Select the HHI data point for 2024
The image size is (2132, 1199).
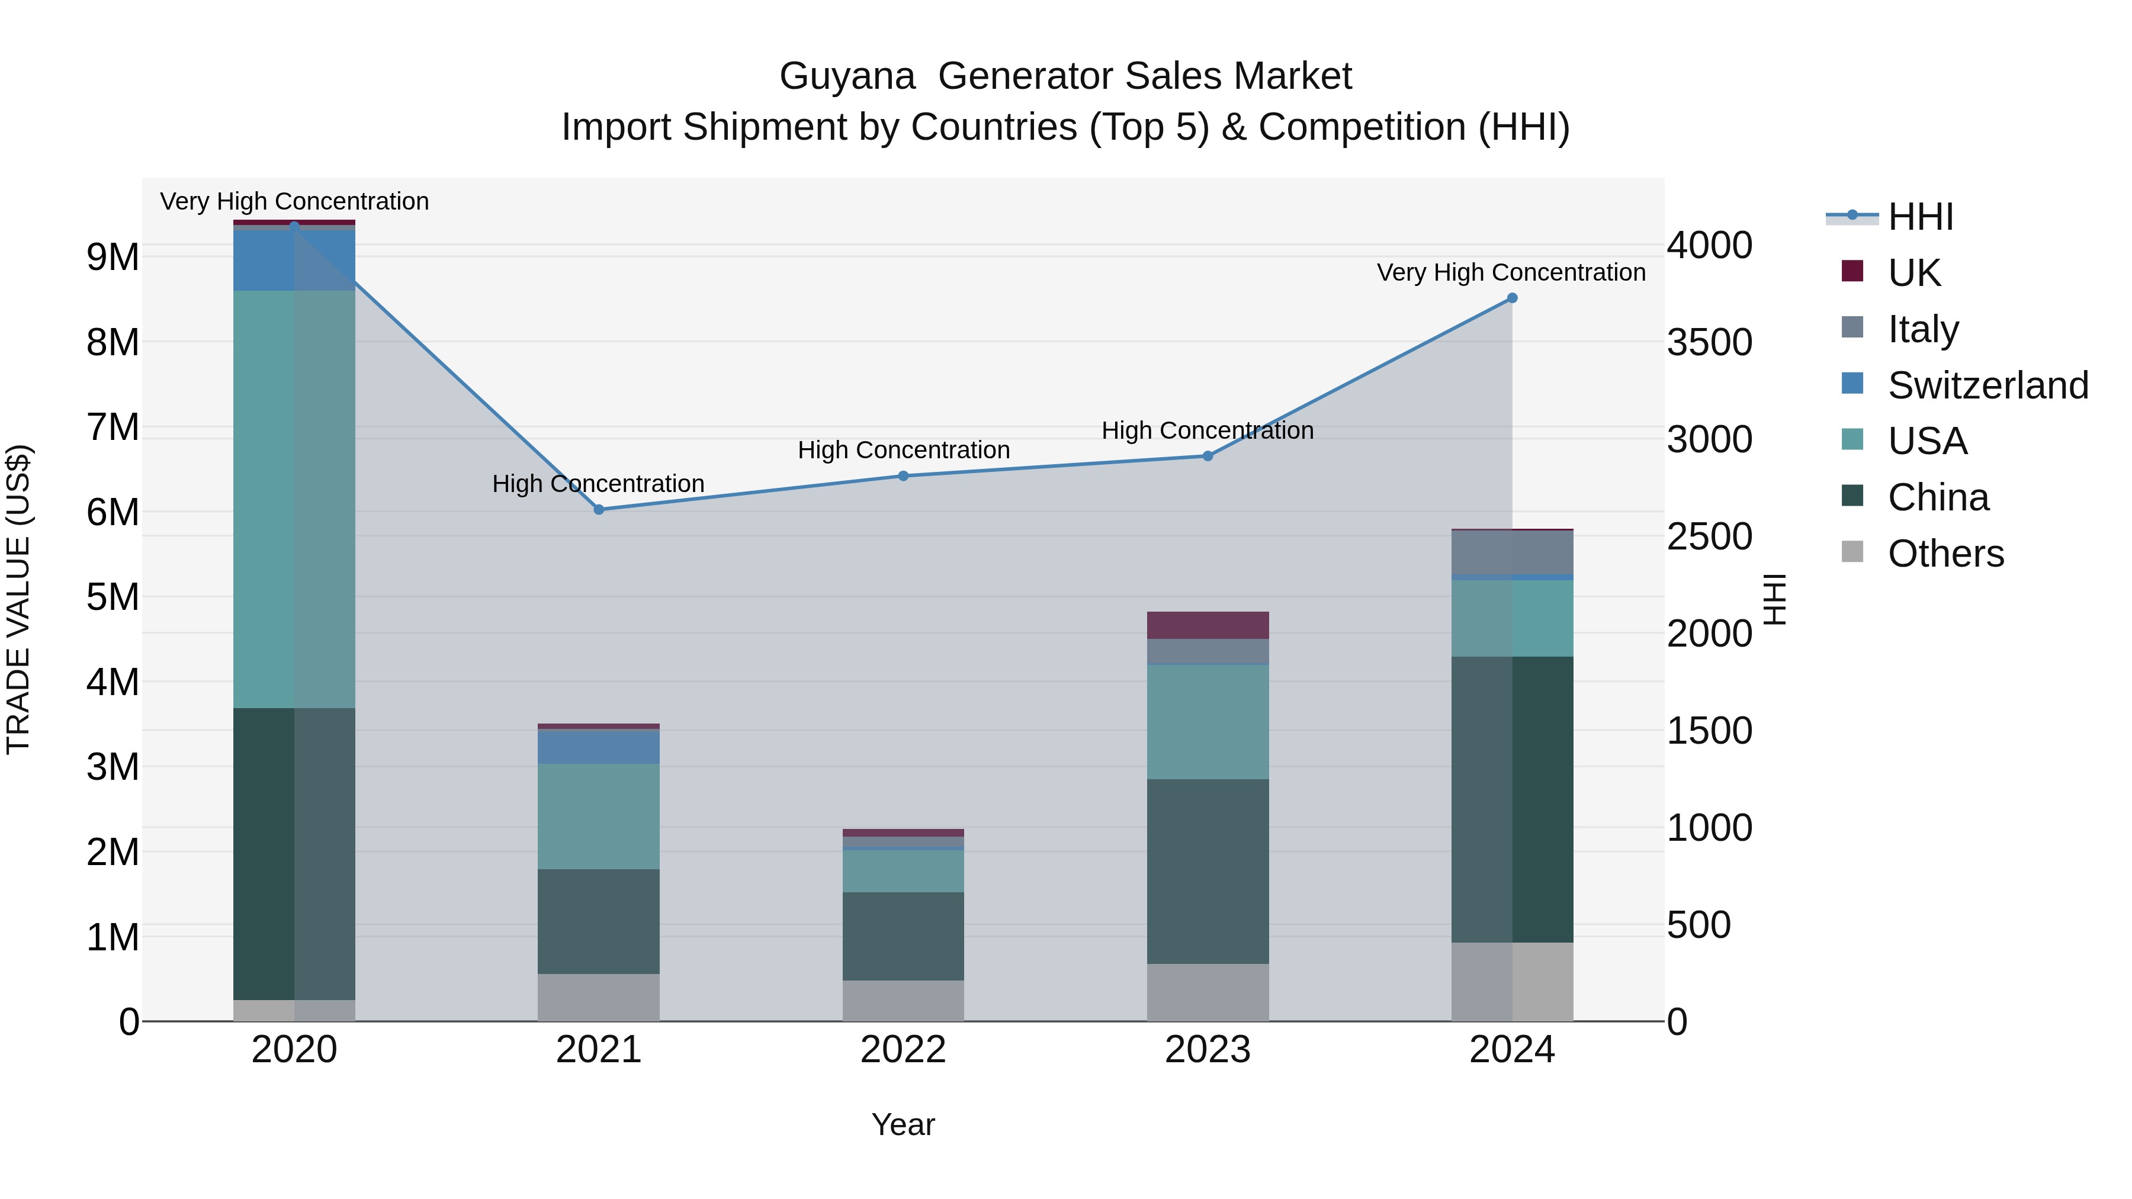pyautogui.click(x=1511, y=298)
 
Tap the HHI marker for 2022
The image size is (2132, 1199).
pyautogui.click(x=903, y=476)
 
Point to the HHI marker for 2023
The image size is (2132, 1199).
pyautogui.click(x=1207, y=456)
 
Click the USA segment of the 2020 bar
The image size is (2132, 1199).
pyautogui.click(x=294, y=499)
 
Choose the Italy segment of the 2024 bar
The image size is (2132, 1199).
pyautogui.click(x=1511, y=552)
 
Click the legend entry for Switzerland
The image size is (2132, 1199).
pyautogui.click(x=1986, y=385)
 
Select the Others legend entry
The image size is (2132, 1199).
pyautogui.click(x=1945, y=554)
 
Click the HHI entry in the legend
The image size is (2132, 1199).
pyautogui.click(x=1920, y=217)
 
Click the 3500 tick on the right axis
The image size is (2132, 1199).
pyautogui.click(x=1709, y=343)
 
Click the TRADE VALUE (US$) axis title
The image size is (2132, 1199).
pyautogui.click(x=18, y=599)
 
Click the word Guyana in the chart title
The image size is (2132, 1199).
pyautogui.click(x=847, y=77)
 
